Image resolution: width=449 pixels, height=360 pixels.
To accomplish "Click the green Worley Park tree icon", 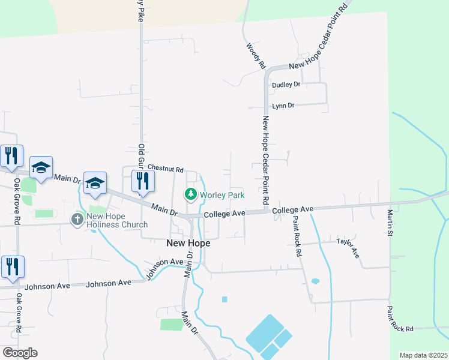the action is (191, 194).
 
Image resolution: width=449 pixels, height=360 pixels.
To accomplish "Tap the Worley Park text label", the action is (223, 195).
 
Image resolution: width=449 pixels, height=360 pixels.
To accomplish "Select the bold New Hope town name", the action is (187, 243).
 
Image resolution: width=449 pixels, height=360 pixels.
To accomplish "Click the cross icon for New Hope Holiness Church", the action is (77, 219).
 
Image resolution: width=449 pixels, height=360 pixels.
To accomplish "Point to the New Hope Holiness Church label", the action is (117, 220).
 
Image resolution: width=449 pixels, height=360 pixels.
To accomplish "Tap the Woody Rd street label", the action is (256, 55).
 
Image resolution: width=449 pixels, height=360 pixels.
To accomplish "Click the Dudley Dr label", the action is (286, 85).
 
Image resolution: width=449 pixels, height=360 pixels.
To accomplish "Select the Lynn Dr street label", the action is (283, 106).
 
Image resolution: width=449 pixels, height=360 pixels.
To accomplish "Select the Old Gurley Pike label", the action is (142, 162).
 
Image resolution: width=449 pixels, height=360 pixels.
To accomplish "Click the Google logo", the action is (20, 353).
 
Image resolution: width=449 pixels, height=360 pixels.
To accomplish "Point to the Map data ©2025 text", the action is (423, 355).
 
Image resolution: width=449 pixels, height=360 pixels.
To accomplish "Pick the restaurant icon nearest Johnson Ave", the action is (12, 267).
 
